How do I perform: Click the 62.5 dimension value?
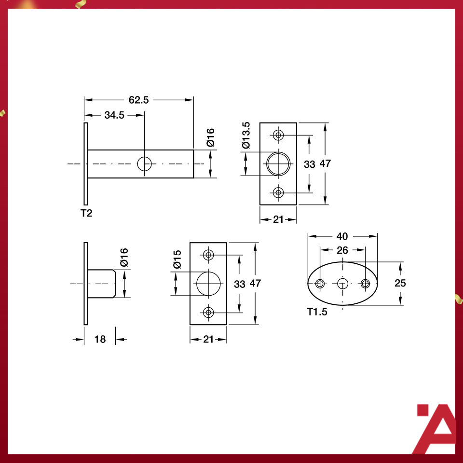(138, 100)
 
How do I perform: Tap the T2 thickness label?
(86, 213)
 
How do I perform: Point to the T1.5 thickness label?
(317, 312)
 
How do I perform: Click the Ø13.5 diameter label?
(246, 135)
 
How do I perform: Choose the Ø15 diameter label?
(177, 260)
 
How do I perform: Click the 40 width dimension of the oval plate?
(342, 236)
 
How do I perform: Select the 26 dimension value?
(342, 250)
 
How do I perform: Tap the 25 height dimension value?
(400, 283)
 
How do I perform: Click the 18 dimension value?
(100, 339)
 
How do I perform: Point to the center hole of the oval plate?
(342, 283)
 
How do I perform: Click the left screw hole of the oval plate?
(319, 283)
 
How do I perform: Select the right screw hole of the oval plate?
(365, 283)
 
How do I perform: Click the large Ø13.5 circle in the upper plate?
(278, 163)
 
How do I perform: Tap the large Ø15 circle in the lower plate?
(208, 283)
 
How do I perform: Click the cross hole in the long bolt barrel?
(144, 164)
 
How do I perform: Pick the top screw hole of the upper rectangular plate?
(278, 135)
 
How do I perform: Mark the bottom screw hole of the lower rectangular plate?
(208, 312)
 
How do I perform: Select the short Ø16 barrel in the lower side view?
(102, 283)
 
